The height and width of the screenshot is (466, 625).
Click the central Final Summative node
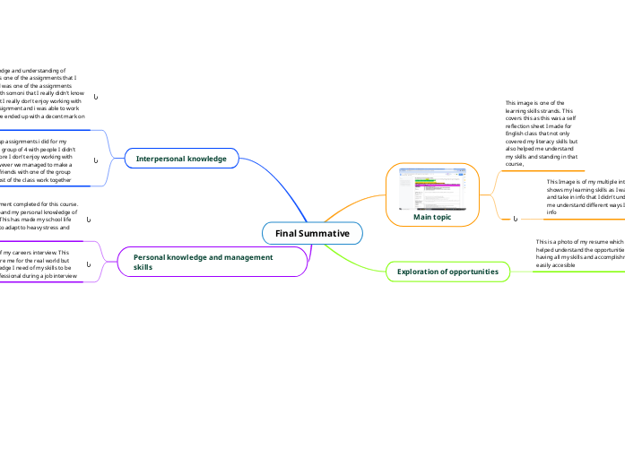312,233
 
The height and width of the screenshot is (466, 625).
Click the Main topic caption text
432,217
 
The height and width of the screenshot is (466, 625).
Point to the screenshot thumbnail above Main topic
432,188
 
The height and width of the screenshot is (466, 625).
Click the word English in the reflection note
518,134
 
